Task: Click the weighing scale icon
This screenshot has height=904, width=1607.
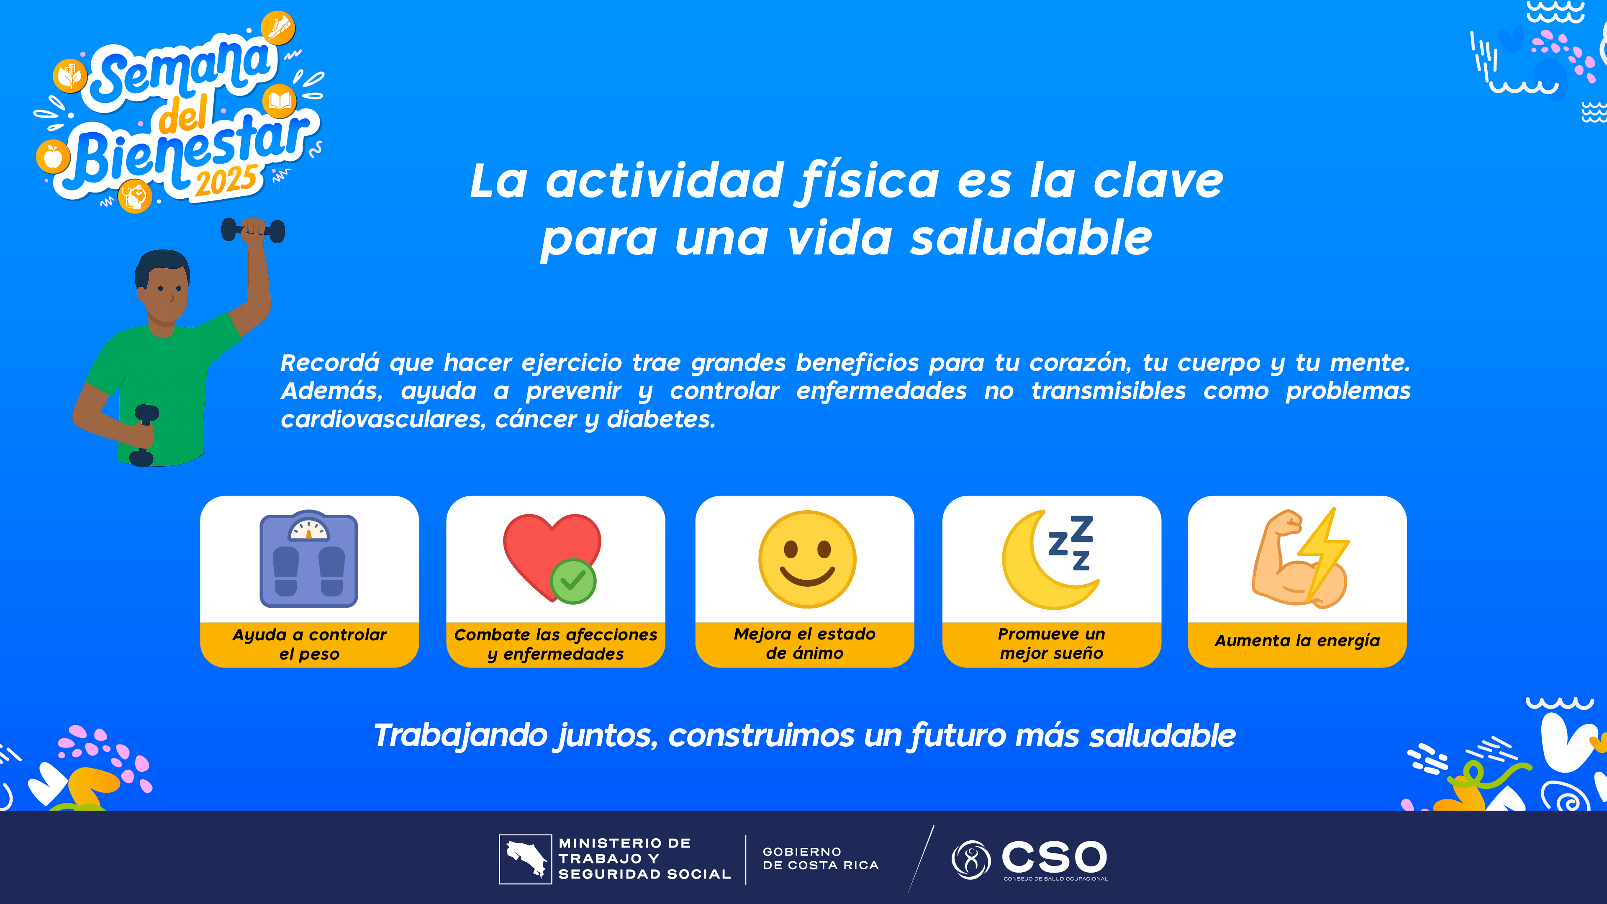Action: (x=309, y=559)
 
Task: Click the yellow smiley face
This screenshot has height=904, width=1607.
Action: (x=807, y=559)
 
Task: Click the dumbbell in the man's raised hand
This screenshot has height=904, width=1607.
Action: (x=253, y=230)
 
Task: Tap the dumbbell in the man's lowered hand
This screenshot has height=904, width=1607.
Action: (x=145, y=435)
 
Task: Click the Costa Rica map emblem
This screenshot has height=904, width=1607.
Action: (x=525, y=859)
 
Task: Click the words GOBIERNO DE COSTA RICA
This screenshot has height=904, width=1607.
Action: (x=820, y=858)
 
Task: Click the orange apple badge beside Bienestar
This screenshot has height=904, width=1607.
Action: (x=53, y=156)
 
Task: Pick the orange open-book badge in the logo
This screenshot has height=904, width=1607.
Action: (x=280, y=101)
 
